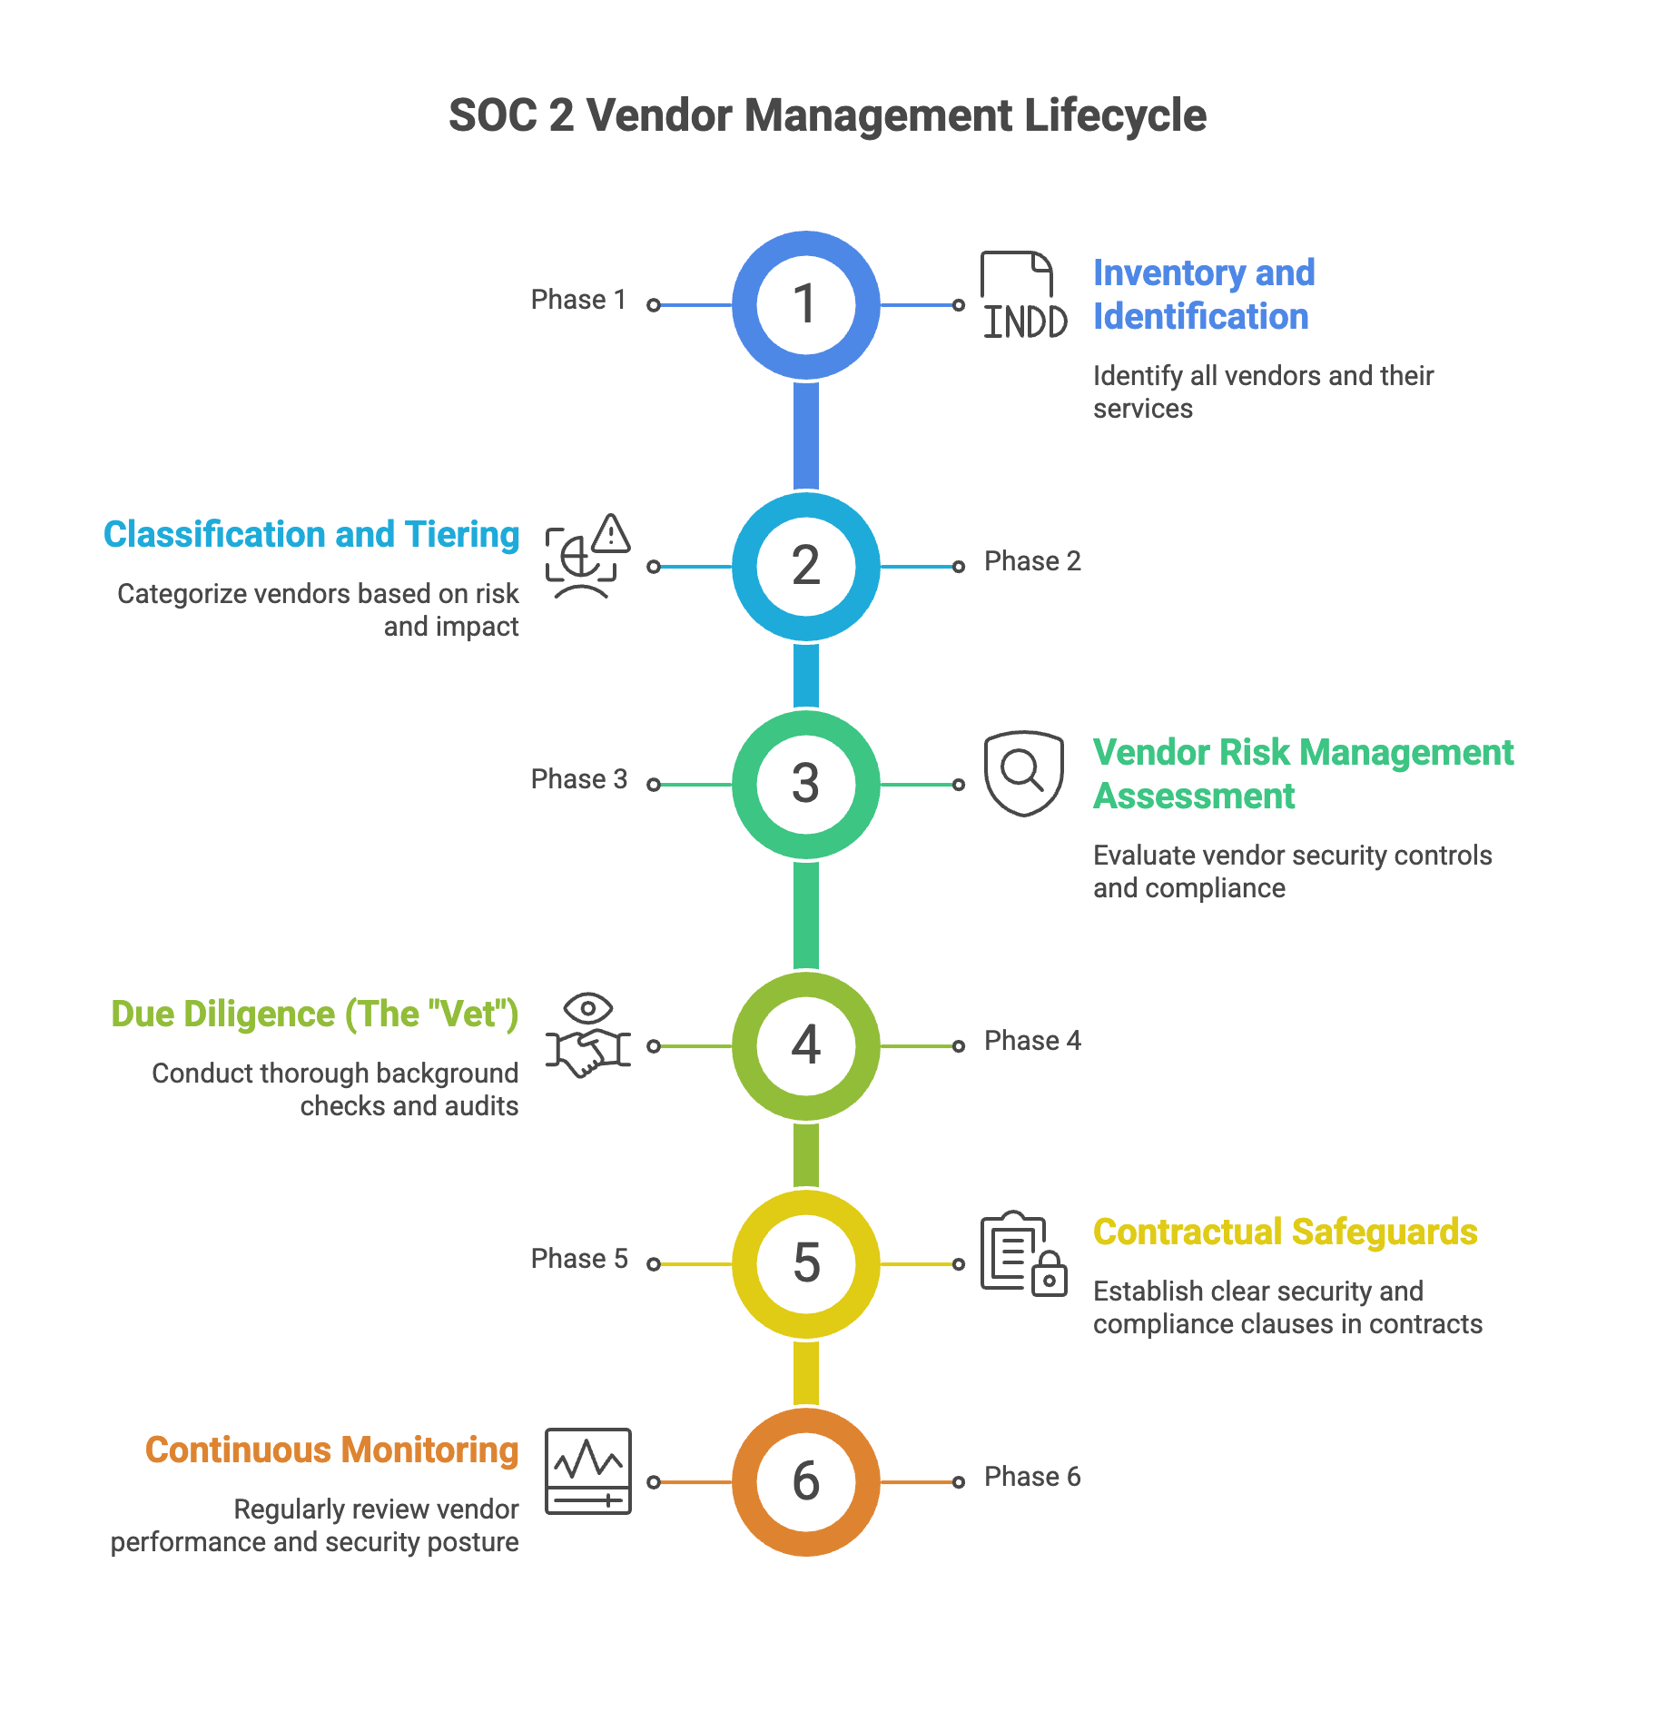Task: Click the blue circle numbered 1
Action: click(x=806, y=305)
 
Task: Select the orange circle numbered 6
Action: click(x=806, y=1482)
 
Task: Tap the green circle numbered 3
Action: click(x=806, y=785)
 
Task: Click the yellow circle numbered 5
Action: click(x=806, y=1264)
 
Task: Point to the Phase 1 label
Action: click(x=578, y=300)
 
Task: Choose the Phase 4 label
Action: click(x=1032, y=1041)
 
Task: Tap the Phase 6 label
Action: click(x=1032, y=1477)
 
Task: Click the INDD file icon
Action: click(x=1024, y=295)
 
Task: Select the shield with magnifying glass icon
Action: click(x=1024, y=774)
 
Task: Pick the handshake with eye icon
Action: click(x=588, y=1035)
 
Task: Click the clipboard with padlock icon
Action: click(x=1024, y=1253)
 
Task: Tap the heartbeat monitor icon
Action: click(x=588, y=1471)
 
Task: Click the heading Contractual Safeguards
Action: click(x=1285, y=1232)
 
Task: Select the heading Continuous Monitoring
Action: click(x=332, y=1450)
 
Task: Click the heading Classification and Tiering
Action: click(x=311, y=535)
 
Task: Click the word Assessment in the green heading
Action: click(x=1194, y=797)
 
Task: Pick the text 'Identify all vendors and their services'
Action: click(x=1263, y=392)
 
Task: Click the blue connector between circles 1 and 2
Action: click(x=806, y=436)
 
